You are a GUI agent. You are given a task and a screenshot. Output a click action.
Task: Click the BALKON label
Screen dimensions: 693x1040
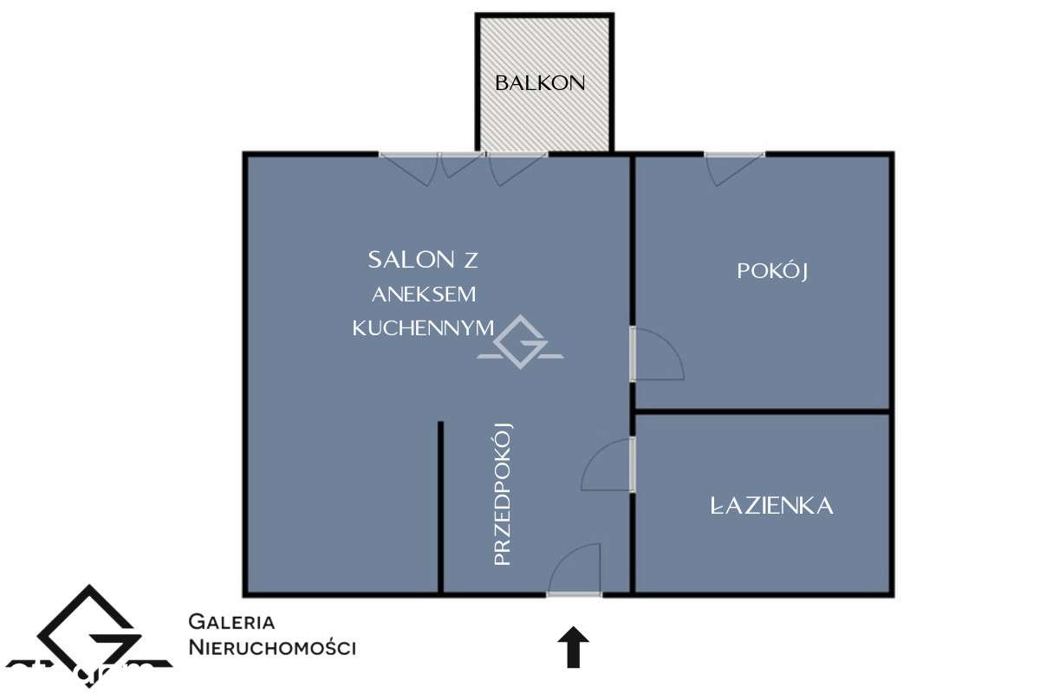point(540,83)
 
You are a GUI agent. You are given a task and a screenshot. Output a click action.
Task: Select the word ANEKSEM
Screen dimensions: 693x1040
point(425,294)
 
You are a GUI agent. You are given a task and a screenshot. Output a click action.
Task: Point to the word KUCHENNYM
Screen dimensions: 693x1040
point(423,327)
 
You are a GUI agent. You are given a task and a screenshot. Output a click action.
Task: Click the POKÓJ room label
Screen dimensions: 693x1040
point(772,270)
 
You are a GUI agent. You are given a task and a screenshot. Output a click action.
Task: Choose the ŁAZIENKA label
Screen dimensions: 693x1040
point(771,506)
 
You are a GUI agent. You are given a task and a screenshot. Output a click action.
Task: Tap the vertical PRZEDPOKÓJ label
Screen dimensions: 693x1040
point(504,494)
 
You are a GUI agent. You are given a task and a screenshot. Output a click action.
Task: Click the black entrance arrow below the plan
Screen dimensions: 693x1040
point(572,647)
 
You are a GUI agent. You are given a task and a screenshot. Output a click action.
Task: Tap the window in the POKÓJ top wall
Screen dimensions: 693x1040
point(734,156)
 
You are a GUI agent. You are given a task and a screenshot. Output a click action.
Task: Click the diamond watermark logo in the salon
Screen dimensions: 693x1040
point(520,342)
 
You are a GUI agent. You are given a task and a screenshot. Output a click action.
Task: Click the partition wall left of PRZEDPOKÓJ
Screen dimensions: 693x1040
point(440,507)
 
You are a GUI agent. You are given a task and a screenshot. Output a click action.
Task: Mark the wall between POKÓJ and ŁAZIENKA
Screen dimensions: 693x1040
point(763,411)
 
